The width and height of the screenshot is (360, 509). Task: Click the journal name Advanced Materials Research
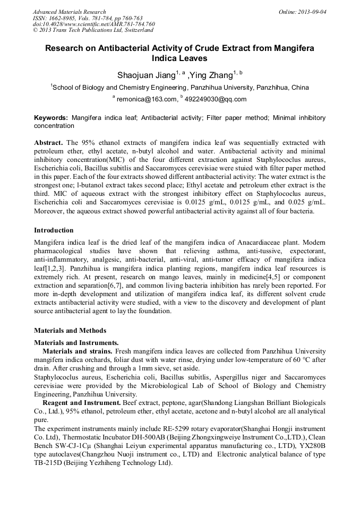click(69, 12)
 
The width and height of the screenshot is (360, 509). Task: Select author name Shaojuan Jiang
click(147, 75)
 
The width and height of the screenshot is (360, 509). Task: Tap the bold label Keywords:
click(51, 117)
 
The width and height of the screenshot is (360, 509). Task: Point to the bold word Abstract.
click(49, 143)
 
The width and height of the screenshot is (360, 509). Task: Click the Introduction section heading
click(54, 230)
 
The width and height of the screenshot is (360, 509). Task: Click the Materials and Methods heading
click(70, 331)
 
